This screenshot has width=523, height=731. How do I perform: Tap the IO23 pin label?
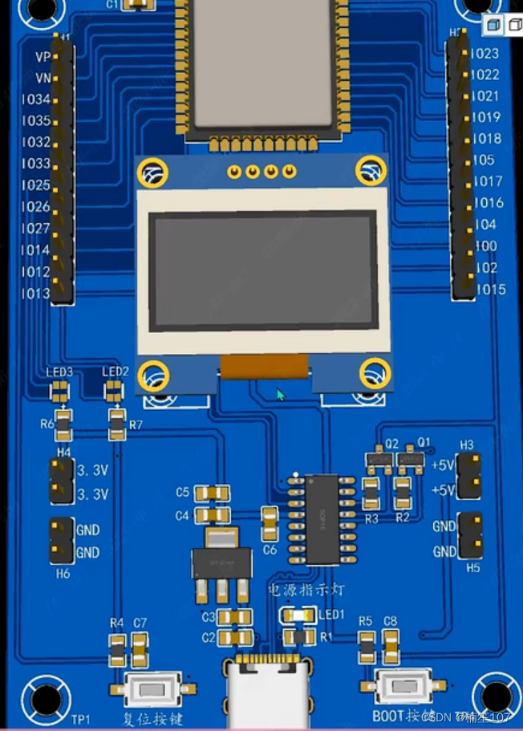pos(484,54)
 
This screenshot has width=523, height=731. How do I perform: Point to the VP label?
pos(43,57)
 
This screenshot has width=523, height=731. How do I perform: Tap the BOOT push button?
pos(404,687)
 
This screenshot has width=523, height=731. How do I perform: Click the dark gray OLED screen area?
pos(264,270)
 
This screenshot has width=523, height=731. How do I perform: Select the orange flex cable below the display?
pos(264,367)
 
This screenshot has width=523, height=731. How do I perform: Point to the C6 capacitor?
pos(270,522)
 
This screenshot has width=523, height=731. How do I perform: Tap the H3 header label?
pos(467,445)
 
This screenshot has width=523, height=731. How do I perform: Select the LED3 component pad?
pos(59,391)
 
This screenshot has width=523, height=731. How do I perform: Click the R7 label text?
pos(135,424)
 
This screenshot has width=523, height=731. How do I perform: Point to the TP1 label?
pos(81,718)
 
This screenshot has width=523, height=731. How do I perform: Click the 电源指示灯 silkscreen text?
pos(306,590)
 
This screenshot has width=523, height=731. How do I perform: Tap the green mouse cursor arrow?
pos(281,395)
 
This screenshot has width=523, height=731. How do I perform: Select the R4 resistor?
pos(118,649)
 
